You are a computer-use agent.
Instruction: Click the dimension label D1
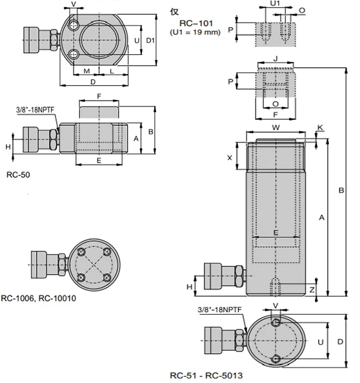pos(150,41)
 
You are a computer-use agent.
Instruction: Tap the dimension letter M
pos(86,71)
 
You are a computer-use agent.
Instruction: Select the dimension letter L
pos(112,72)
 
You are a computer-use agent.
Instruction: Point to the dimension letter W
pos(276,127)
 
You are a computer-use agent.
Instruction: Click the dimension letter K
pos(320,127)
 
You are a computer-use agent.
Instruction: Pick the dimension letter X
pos(230,158)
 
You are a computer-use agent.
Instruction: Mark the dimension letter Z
pos(312,290)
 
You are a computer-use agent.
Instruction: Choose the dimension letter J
pos(275,59)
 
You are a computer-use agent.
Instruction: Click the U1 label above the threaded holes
pos(275,3)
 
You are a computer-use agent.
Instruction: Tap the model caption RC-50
pos(18,175)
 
